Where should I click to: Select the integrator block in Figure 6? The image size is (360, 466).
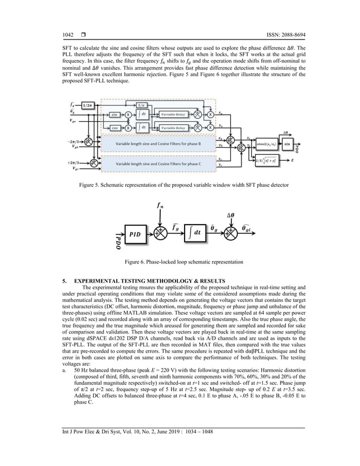pos(195,232)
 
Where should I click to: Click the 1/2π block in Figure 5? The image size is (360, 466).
pos(87,105)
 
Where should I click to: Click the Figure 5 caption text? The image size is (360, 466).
pos(180,185)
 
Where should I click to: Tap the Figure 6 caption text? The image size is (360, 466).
pos(180,262)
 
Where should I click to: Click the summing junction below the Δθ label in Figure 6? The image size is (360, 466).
pos(231,232)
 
